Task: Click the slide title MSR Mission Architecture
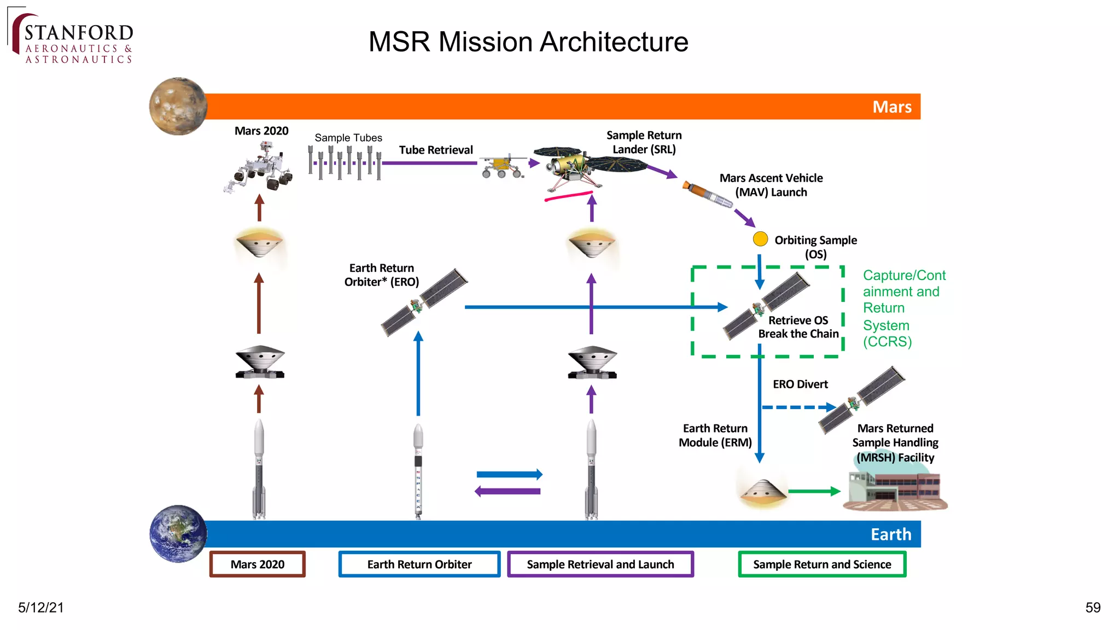point(528,42)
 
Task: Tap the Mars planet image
point(178,106)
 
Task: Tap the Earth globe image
point(178,534)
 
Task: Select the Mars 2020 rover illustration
point(260,166)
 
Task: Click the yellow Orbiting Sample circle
point(760,239)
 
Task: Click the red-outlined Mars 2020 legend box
point(257,564)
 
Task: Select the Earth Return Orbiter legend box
point(419,564)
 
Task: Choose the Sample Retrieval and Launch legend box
point(600,564)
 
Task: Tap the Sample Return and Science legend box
point(822,564)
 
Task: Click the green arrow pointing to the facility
point(814,491)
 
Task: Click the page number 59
point(1093,608)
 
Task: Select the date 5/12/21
point(41,608)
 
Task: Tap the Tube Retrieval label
point(436,150)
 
